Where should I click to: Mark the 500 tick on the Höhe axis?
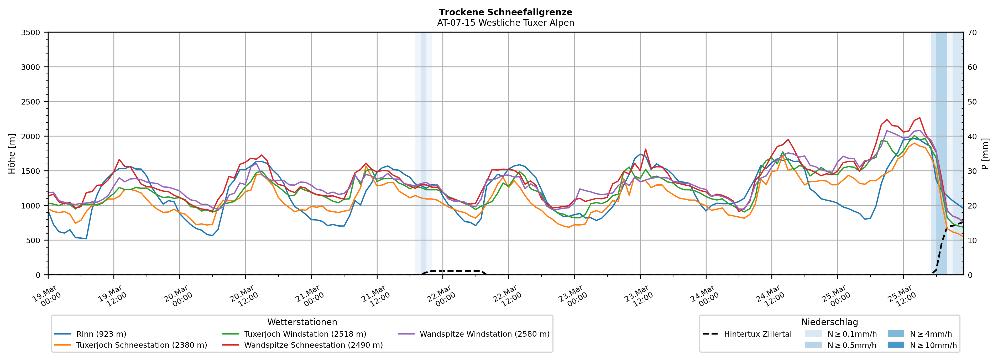(x=33, y=240)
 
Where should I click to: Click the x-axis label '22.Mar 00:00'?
(x=441, y=296)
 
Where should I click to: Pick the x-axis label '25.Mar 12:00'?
(x=902, y=296)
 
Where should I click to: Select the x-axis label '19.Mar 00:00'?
(x=46, y=296)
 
